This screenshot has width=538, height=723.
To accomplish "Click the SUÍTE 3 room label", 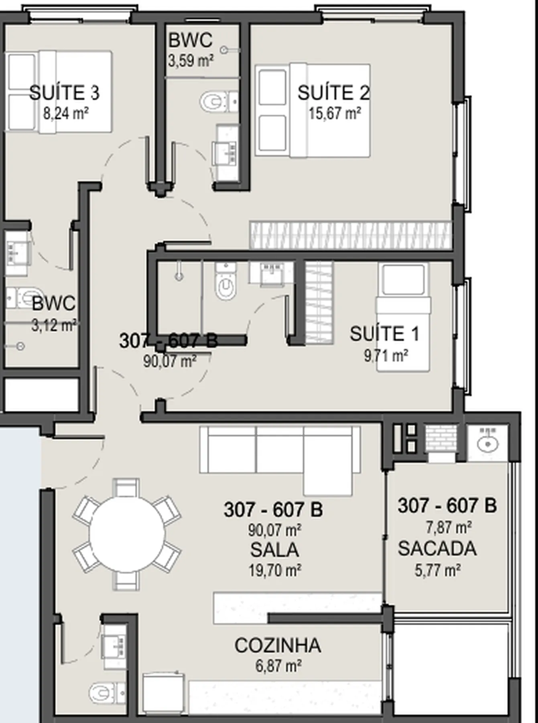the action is point(64,93).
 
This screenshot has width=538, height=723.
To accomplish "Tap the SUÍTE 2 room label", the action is point(333,93).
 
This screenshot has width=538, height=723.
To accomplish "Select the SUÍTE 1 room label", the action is point(384,334).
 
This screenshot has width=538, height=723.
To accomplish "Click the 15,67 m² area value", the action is point(335,113).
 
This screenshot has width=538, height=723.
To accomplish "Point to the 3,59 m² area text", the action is point(191,61).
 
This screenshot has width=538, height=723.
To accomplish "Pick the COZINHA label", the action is point(278,645).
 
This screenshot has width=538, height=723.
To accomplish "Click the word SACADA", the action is point(437,549).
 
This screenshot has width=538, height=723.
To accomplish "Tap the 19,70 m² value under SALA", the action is point(275,570).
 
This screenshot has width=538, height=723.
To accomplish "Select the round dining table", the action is point(127,534).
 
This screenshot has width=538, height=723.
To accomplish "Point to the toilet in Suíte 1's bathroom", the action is point(225,282).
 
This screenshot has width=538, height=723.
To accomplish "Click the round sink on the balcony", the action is point(488,443).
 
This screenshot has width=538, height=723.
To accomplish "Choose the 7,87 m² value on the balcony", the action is point(449,527).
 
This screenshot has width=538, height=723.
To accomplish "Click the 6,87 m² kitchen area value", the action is point(278,666).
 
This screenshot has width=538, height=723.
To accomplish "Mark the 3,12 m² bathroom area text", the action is point(54,325).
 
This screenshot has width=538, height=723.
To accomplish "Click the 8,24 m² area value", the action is point(66,113).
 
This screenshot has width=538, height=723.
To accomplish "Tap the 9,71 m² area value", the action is point(386,355).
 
